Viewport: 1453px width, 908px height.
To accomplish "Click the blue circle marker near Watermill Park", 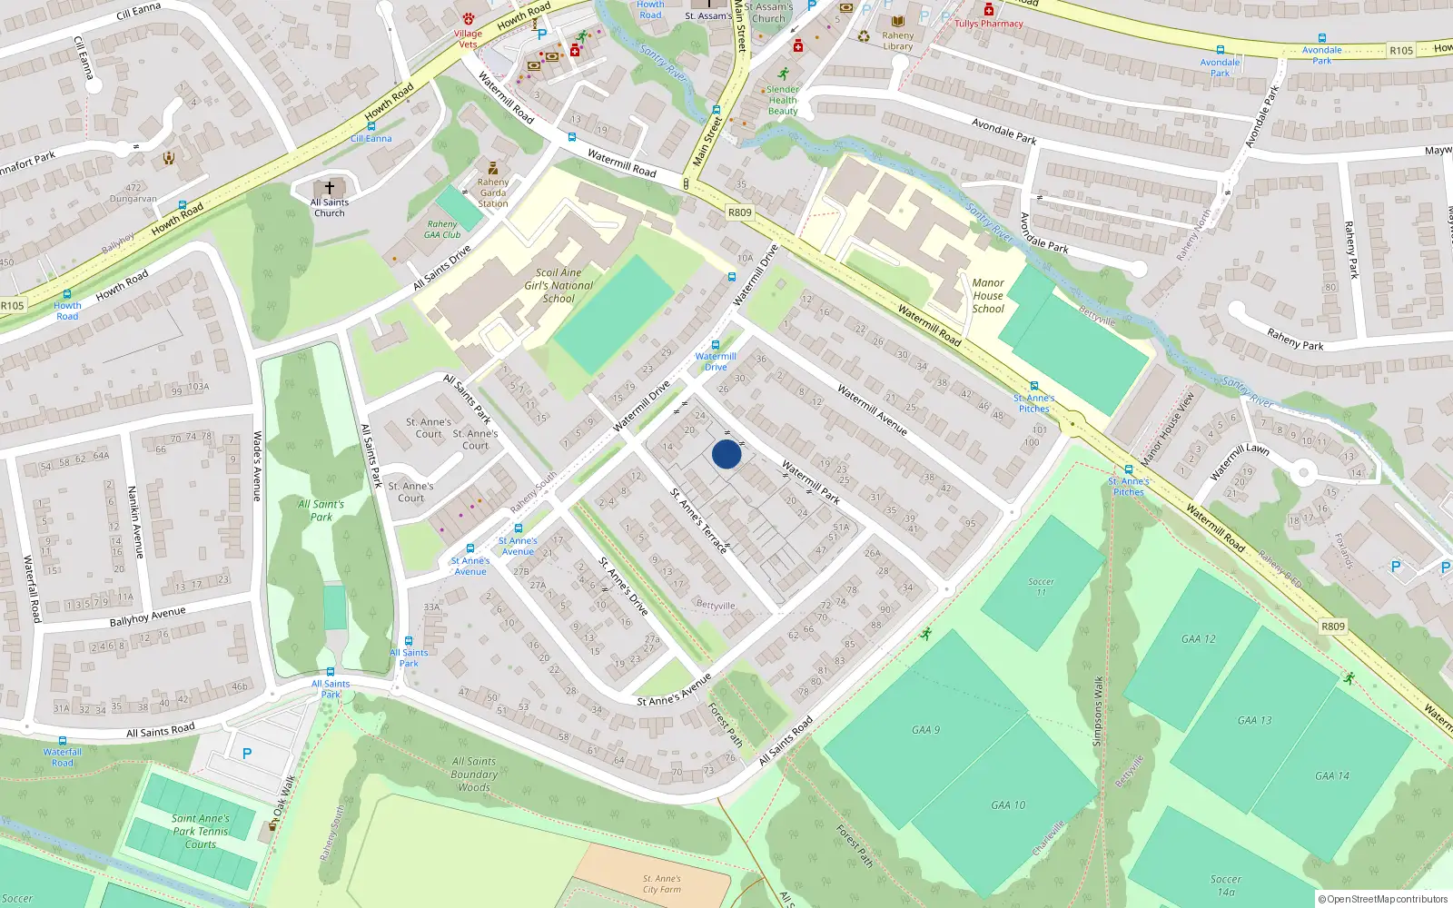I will pyautogui.click(x=726, y=454).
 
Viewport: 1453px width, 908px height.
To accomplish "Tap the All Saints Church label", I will pyautogui.click(x=330, y=208).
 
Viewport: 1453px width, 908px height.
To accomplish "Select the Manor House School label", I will pyautogui.click(x=988, y=296).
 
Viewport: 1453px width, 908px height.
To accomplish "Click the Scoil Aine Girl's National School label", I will pyautogui.click(x=558, y=285).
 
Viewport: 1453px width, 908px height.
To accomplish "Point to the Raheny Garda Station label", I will pyautogui.click(x=493, y=192).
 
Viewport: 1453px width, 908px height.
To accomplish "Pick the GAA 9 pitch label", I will pyautogui.click(x=925, y=729).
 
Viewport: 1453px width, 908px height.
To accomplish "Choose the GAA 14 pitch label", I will pyautogui.click(x=1332, y=775).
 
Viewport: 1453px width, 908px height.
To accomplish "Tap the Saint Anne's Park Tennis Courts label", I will pyautogui.click(x=201, y=831).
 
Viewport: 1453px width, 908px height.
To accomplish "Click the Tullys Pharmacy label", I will pyautogui.click(x=988, y=24).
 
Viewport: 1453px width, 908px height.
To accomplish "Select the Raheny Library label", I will pyautogui.click(x=897, y=41).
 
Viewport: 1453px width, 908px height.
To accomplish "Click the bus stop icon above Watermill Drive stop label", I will pyautogui.click(x=716, y=345).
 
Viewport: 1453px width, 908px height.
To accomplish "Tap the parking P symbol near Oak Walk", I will pyautogui.click(x=247, y=754).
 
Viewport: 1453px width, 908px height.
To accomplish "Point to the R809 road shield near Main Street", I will pyautogui.click(x=740, y=212).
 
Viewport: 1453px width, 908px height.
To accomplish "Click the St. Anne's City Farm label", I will pyautogui.click(x=662, y=884).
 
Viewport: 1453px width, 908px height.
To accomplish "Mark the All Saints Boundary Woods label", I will pyautogui.click(x=474, y=775).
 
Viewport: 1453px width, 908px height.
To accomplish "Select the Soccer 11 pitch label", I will pyautogui.click(x=1041, y=587).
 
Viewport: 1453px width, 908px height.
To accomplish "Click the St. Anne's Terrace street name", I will pyautogui.click(x=698, y=520).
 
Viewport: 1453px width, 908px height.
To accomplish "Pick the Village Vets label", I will pyautogui.click(x=468, y=38).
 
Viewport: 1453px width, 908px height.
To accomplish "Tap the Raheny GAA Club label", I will pyautogui.click(x=442, y=229).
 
